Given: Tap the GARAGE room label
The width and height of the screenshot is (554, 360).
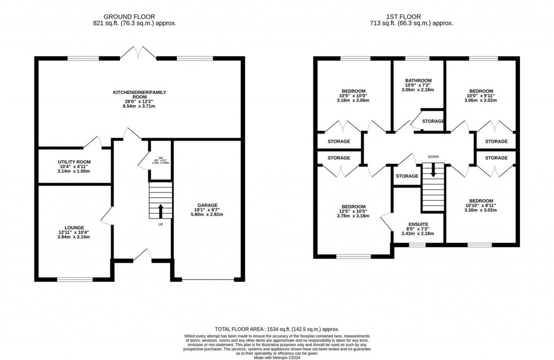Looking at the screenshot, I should (x=207, y=205).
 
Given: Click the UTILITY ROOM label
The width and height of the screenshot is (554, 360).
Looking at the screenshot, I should (x=74, y=162).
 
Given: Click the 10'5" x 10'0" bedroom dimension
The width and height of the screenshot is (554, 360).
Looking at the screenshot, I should (x=353, y=96).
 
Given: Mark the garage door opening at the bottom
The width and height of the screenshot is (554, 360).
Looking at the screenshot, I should (x=207, y=279).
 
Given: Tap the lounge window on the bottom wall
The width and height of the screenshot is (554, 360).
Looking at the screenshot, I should (x=74, y=279).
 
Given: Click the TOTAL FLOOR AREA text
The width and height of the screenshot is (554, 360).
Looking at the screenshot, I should (x=276, y=329).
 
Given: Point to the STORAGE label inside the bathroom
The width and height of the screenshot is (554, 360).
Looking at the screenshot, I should (x=433, y=121).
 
